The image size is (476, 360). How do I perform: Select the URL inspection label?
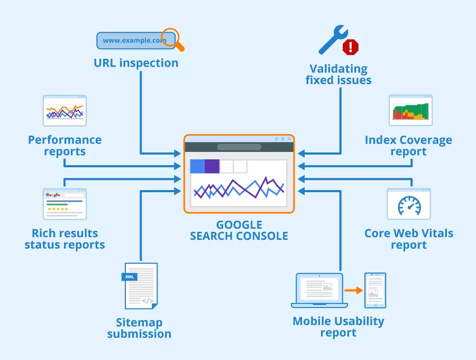[x=136, y=63]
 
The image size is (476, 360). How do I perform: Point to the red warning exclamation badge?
[x=350, y=47]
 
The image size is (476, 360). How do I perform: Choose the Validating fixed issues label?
[x=338, y=75]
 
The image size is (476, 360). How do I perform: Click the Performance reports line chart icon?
[x=65, y=110]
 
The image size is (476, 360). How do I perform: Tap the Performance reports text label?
[x=65, y=146]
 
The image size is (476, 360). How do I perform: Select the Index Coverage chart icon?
[x=411, y=110]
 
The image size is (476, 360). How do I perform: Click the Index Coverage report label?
[x=408, y=146]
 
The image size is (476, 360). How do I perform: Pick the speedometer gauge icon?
[x=409, y=204]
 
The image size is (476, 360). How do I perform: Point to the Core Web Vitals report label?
[x=409, y=239]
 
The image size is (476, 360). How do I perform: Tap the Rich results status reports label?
[x=65, y=239]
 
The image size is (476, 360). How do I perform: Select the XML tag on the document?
[x=129, y=276]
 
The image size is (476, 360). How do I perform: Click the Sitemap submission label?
[x=139, y=328]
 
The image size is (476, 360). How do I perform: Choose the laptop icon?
[x=319, y=290]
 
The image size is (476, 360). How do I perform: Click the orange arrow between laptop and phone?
[x=353, y=290]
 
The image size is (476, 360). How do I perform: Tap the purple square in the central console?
[x=212, y=166]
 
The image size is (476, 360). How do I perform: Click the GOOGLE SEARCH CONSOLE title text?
[x=239, y=230]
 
